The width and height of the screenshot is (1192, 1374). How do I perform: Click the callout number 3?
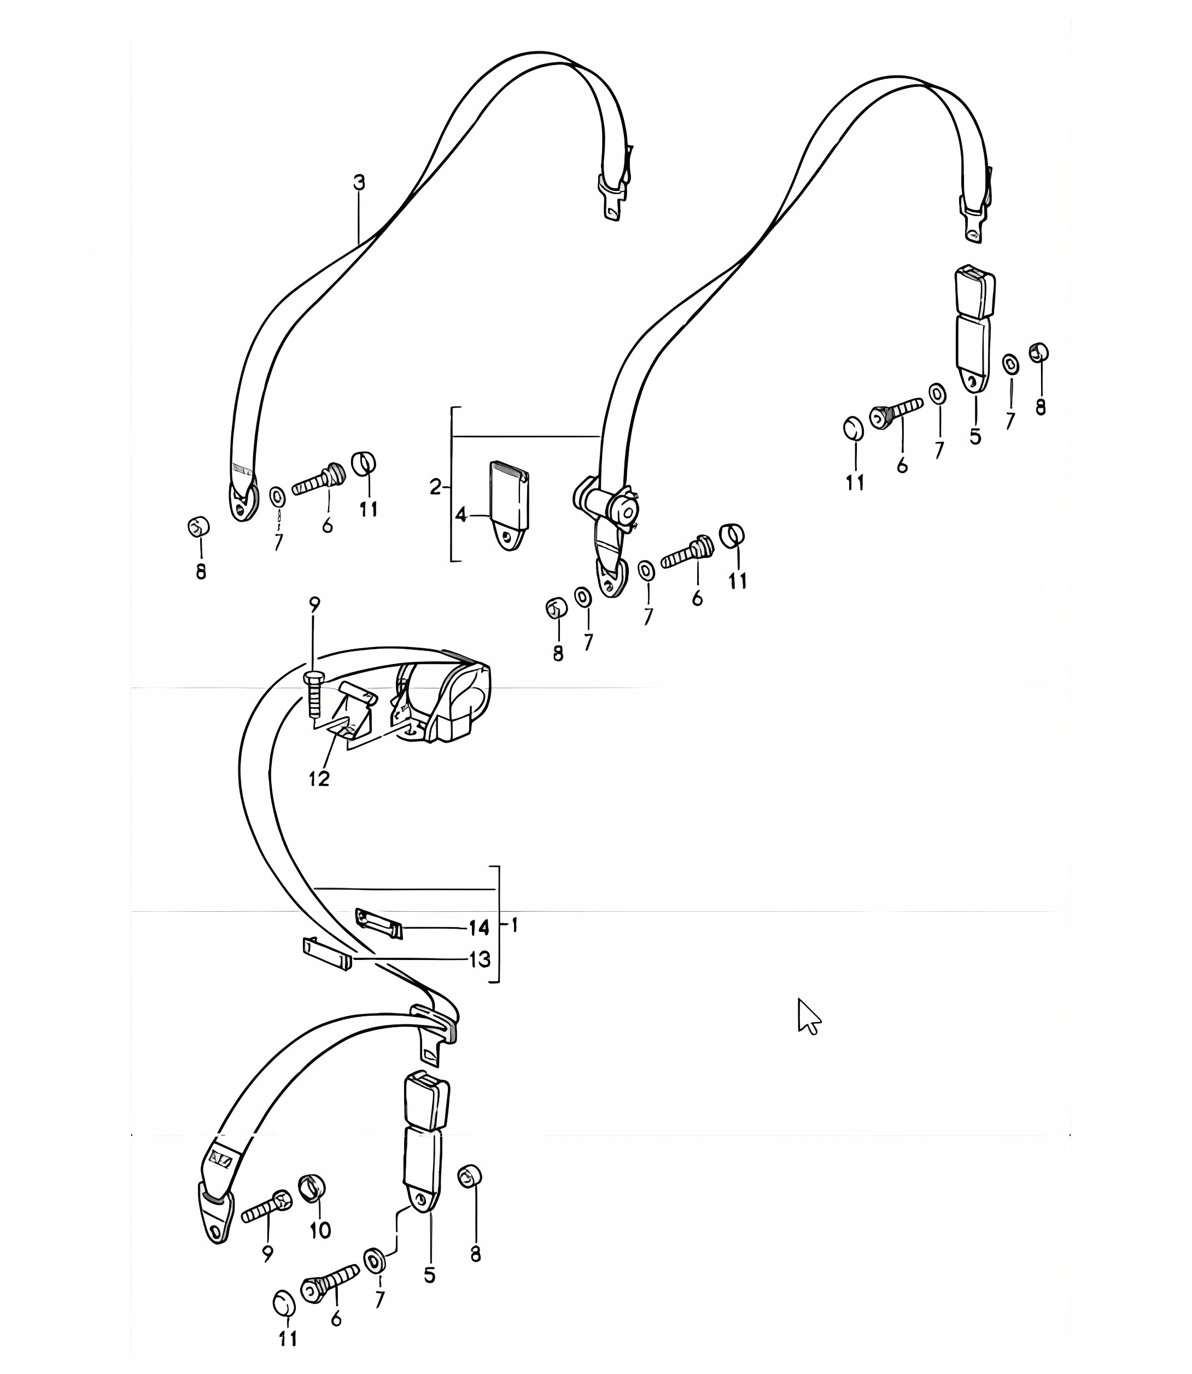click(359, 182)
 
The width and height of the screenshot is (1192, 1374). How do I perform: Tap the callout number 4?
click(461, 514)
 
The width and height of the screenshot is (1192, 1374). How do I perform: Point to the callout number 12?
click(319, 778)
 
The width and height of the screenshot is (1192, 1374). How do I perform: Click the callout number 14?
click(479, 928)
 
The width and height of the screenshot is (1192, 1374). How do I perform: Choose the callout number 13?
click(480, 959)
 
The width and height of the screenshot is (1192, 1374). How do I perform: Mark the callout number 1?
click(515, 925)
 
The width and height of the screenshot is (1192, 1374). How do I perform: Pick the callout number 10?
click(320, 1230)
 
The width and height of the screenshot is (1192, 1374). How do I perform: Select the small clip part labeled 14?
click(378, 923)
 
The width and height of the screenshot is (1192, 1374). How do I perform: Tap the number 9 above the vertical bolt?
click(314, 604)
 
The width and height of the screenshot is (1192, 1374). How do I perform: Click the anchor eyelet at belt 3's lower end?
click(243, 501)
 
